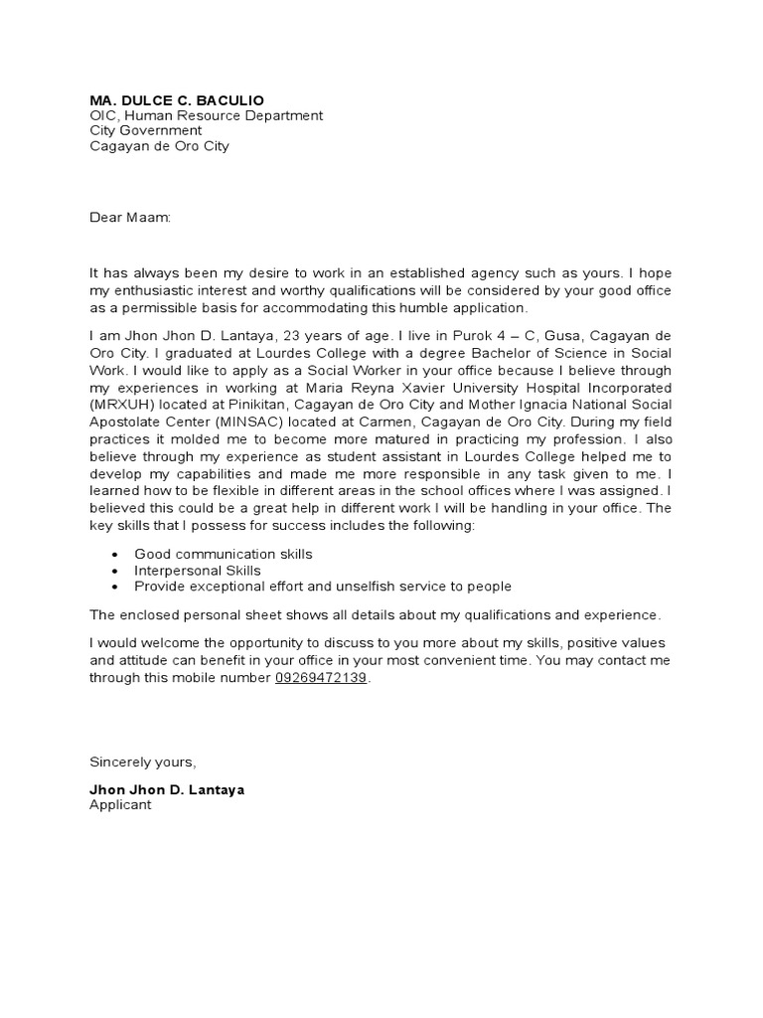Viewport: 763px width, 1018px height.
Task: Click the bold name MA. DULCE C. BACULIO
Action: coord(177,100)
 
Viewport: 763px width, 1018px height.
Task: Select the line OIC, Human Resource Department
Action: coord(206,115)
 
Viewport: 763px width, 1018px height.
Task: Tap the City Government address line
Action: coord(146,130)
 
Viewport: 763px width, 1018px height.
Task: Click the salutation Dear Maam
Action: coord(130,217)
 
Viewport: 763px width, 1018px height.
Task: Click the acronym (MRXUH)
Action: coord(123,404)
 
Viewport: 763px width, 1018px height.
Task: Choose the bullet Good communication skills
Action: coord(224,554)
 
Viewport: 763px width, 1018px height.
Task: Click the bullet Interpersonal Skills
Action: coord(198,571)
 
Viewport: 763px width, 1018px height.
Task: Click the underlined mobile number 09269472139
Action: coord(321,677)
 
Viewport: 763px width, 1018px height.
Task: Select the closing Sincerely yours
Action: coord(143,763)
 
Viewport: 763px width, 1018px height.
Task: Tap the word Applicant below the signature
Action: coord(120,805)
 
